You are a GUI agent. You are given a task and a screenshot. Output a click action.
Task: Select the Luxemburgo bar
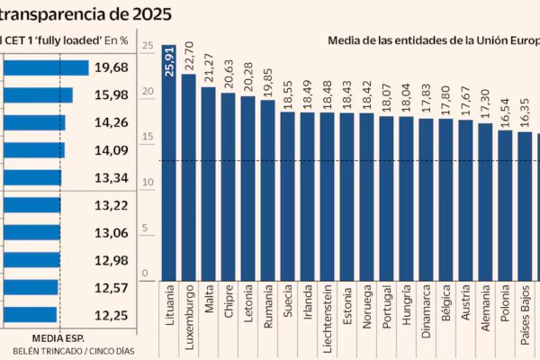pyautogui.click(x=189, y=180)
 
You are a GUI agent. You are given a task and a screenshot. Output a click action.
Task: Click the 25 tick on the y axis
pyautogui.click(x=147, y=45)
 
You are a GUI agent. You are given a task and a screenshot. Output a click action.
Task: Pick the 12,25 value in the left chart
pyautogui.click(x=111, y=314)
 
